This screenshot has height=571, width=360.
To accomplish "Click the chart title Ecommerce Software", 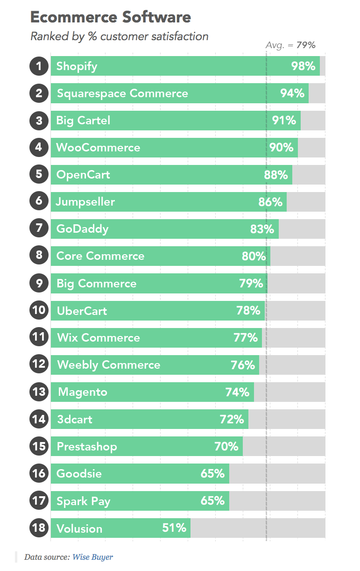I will (x=111, y=17).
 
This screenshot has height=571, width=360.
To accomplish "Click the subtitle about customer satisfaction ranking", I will (x=119, y=36).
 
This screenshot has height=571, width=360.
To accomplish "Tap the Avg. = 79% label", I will (x=290, y=45).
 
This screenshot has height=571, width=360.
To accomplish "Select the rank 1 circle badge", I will (x=39, y=66).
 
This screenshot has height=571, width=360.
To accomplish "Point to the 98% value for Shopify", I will (x=303, y=66).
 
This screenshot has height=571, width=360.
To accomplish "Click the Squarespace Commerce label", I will (x=122, y=93).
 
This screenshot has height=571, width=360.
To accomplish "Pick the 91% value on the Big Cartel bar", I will (x=284, y=121).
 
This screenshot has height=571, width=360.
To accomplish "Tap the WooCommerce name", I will (x=98, y=148).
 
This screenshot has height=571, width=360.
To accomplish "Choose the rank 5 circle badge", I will (x=39, y=174).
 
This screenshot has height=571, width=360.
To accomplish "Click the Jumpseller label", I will (x=85, y=202).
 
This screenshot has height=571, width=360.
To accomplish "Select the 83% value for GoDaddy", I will (x=262, y=229).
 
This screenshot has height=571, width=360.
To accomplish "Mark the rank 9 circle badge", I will (x=39, y=283).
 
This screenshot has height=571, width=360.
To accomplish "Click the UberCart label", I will (x=82, y=311).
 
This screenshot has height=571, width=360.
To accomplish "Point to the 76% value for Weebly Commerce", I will (x=243, y=365).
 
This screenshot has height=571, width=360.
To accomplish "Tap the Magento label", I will (x=83, y=392).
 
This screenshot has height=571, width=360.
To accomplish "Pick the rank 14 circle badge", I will (x=39, y=419).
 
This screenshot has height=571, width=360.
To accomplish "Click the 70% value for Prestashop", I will (x=226, y=446).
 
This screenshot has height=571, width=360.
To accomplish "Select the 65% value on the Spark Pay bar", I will (x=212, y=501).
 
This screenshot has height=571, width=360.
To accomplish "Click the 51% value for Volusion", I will (x=174, y=528).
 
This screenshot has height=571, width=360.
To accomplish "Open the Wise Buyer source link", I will (x=92, y=557).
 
